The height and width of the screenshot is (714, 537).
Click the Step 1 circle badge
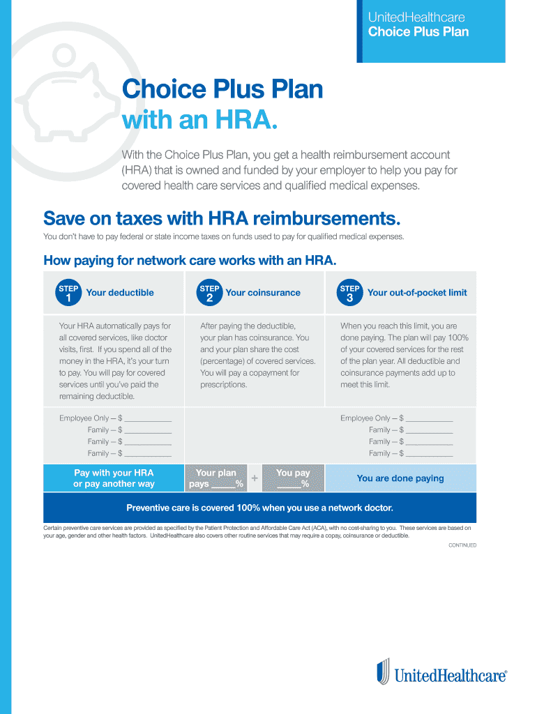point(68,293)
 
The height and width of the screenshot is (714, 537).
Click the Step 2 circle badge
point(209,293)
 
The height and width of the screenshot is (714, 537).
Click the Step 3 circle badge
point(350,293)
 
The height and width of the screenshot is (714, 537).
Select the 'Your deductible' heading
point(119,293)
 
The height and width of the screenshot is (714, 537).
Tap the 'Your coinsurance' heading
point(263,293)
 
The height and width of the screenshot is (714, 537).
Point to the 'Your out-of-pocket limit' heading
point(417,293)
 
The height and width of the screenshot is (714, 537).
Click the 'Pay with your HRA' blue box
point(114,478)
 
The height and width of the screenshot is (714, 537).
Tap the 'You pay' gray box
point(293,478)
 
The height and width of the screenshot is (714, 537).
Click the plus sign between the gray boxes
point(255,478)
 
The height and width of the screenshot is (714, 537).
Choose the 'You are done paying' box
point(400,478)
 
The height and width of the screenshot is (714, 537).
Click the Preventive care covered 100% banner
point(259,508)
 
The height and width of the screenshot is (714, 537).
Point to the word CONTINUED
point(462,545)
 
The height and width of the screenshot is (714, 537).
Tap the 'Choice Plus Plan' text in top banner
point(418,32)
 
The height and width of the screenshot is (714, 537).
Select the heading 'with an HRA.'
point(200,121)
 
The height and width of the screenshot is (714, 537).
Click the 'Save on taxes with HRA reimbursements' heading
point(222,219)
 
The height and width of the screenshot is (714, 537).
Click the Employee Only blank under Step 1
point(148,418)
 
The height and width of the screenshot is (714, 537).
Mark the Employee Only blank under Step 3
point(429,418)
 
